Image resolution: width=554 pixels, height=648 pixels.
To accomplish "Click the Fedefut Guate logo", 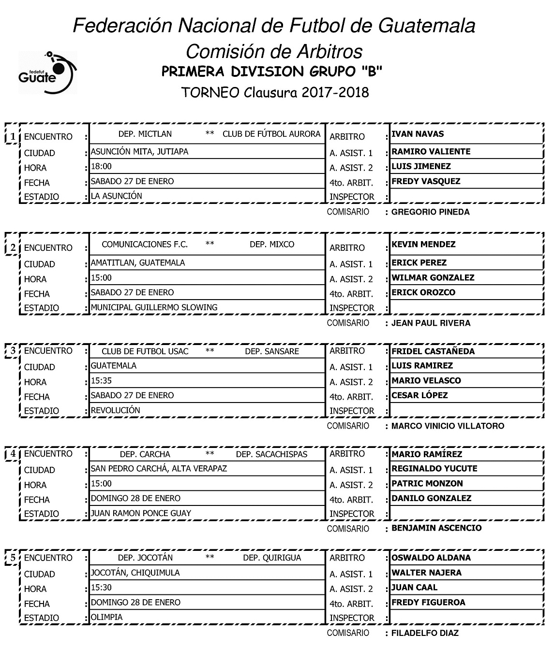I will (x=47, y=72).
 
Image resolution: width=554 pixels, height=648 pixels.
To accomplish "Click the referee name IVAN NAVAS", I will (x=417, y=134).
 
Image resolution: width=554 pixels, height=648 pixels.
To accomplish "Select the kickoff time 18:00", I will (x=102, y=167).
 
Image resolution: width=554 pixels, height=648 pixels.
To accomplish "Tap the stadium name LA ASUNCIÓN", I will (x=117, y=196).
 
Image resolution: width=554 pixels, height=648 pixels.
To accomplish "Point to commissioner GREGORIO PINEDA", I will (x=430, y=212).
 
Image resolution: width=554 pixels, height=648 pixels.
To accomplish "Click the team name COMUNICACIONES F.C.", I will (x=145, y=245).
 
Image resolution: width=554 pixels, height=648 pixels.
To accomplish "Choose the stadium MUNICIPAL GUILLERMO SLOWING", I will (x=154, y=307).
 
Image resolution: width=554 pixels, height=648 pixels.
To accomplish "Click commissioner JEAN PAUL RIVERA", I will (x=431, y=323).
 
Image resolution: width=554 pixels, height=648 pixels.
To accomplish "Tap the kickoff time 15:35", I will (x=102, y=381).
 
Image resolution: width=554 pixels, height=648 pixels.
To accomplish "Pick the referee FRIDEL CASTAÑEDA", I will (x=433, y=351).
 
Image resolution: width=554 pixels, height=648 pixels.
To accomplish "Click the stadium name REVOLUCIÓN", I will (x=116, y=410).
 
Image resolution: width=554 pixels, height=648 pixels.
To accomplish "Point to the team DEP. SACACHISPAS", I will (x=271, y=454).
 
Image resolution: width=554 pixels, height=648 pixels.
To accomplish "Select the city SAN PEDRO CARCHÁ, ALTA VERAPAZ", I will (x=159, y=469).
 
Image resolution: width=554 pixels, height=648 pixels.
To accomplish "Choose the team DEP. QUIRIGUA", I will (x=272, y=558).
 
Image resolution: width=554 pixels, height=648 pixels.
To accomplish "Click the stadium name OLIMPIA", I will (x=107, y=617).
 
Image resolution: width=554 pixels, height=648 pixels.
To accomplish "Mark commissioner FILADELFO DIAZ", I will (x=425, y=633).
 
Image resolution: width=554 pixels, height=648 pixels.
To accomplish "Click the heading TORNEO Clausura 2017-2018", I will (x=275, y=92).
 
